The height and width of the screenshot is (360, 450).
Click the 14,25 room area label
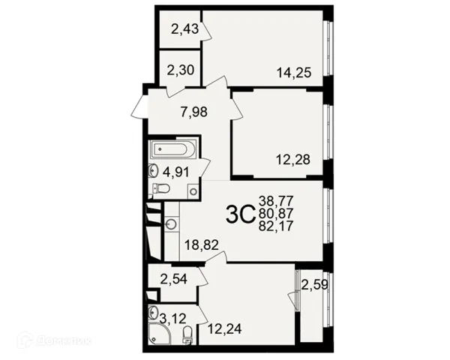(x=294, y=73)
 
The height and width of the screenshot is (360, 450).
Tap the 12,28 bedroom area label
(x=293, y=159)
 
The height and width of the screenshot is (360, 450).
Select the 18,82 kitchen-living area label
(x=202, y=245)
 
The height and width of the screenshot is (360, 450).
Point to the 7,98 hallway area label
(x=194, y=112)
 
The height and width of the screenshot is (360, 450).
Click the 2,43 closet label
(x=184, y=29)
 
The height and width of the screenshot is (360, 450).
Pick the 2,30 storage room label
(x=181, y=70)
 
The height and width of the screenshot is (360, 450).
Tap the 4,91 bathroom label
(x=176, y=172)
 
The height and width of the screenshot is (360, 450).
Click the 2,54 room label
(x=174, y=279)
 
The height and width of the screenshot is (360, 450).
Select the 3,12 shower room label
(x=172, y=318)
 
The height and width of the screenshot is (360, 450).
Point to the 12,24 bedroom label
(x=224, y=328)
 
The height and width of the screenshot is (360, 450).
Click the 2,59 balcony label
(x=314, y=285)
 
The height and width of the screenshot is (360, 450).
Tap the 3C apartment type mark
(x=241, y=214)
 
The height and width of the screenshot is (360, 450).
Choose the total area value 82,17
(x=276, y=226)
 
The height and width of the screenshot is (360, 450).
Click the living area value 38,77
(x=276, y=201)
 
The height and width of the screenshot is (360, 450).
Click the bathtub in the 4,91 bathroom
(x=172, y=149)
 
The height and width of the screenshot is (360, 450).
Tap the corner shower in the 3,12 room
(x=159, y=333)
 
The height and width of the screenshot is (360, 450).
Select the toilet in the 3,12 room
(x=187, y=335)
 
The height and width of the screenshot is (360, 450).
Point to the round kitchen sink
(x=172, y=223)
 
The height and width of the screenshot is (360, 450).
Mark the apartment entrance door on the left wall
(x=139, y=106)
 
